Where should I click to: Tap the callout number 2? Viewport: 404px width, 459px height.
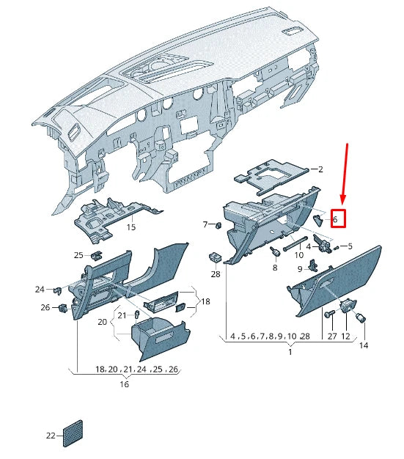(320, 169)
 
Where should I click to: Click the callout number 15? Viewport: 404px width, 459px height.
(131, 227)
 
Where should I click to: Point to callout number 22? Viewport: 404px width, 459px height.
(51, 436)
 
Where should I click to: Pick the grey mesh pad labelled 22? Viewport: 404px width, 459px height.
(74, 432)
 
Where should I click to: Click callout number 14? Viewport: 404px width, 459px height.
(363, 345)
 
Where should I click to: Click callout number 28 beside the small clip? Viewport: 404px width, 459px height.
(215, 273)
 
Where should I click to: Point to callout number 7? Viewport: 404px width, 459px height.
(205, 224)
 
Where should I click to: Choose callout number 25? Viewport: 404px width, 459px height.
(78, 255)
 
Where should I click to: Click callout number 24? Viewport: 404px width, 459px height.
(40, 289)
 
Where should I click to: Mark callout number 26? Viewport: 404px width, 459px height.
(45, 307)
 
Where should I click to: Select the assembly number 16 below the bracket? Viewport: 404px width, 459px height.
(125, 383)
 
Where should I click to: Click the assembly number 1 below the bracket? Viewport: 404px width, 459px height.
(290, 353)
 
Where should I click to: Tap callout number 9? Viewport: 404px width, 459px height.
(300, 270)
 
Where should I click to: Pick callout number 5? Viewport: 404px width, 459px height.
(350, 246)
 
